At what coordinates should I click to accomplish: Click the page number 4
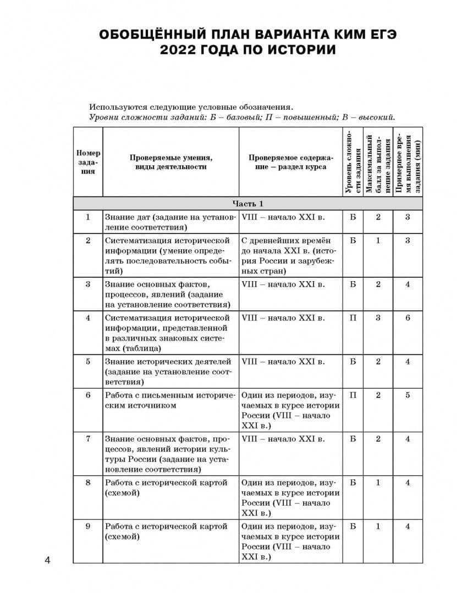pyautogui.click(x=47, y=560)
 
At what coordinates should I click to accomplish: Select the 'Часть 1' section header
pyautogui.click(x=248, y=203)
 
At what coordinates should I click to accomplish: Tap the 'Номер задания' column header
pyautogui.click(x=88, y=162)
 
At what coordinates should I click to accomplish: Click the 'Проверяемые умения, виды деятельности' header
pyautogui.click(x=171, y=162)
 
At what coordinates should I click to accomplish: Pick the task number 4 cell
pyautogui.click(x=88, y=318)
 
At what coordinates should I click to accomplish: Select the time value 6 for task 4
pyautogui.click(x=408, y=318)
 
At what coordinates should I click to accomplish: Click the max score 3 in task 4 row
pyautogui.click(x=378, y=318)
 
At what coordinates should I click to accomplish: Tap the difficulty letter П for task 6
pyautogui.click(x=353, y=395)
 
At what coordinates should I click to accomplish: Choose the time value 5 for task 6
pyautogui.click(x=408, y=395)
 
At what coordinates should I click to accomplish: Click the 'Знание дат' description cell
pyautogui.click(x=170, y=222)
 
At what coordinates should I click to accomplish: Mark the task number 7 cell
pyautogui.click(x=88, y=439)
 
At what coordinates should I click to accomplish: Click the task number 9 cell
pyautogui.click(x=88, y=527)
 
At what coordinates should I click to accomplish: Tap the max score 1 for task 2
pyautogui.click(x=378, y=240)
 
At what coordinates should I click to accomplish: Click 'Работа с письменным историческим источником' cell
pyautogui.click(x=170, y=400)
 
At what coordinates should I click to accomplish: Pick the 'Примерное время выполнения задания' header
pyautogui.click(x=408, y=162)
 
